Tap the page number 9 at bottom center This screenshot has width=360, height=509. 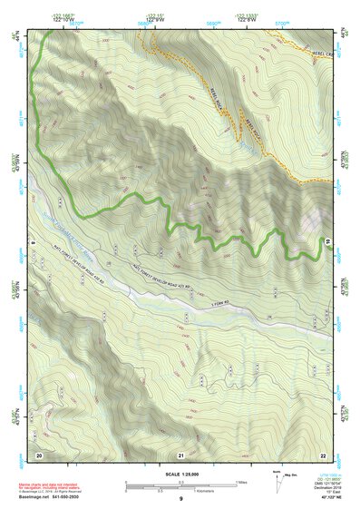180,499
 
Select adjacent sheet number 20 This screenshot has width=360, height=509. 39,454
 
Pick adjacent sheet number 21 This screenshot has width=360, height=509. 180,454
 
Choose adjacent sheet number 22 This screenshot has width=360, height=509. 323,454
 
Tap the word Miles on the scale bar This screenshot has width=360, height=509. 242,481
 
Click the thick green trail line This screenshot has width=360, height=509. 136,197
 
